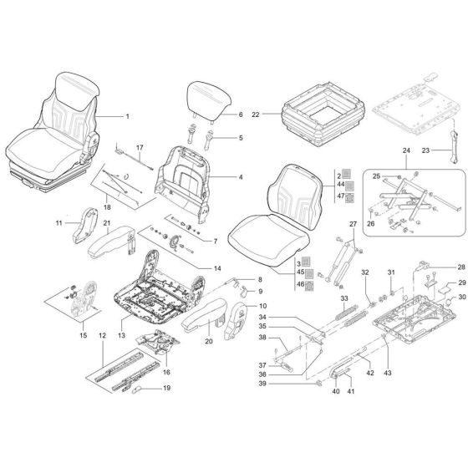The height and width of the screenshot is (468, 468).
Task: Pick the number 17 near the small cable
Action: (140, 148)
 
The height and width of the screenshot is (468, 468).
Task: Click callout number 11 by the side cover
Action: (59, 223)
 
